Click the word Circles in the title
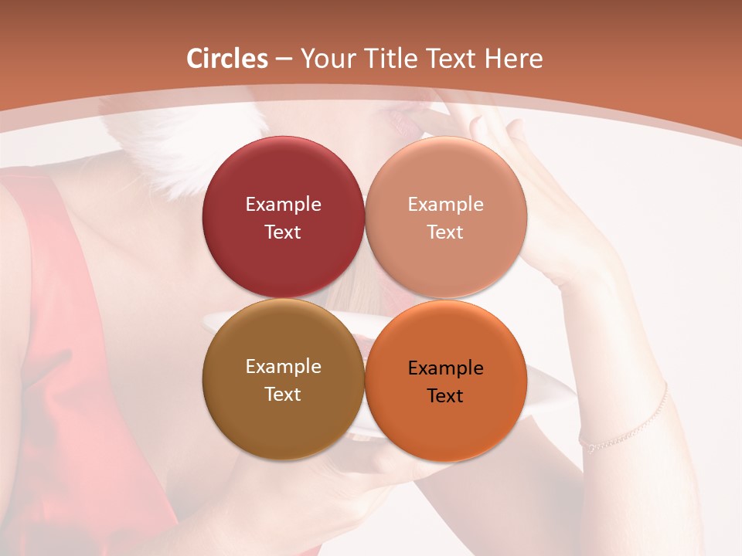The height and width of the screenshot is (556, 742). pos(227,59)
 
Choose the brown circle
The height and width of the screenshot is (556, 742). pos(283,417)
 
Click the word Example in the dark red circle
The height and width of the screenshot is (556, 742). pos(283,205)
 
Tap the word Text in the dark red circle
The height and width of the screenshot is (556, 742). pos(283,232)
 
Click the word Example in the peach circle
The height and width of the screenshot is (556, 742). pos(445,205)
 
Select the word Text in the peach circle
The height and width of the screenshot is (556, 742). pos(445,232)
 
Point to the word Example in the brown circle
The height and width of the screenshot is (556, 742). pos(283,367)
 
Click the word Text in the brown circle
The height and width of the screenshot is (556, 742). pos(283,394)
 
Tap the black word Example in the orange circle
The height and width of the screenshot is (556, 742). pos(445,368)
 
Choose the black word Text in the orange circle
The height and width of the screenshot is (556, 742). pos(445,395)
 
